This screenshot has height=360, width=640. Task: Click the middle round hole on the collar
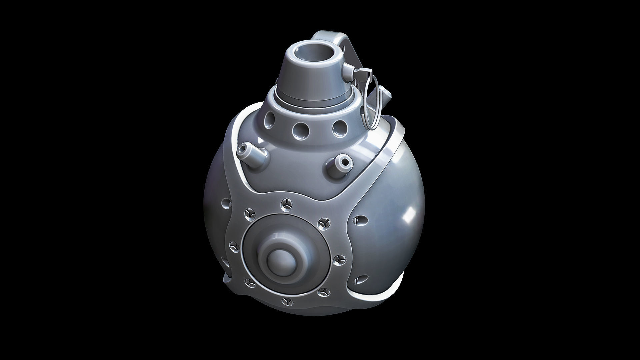(x=299, y=131)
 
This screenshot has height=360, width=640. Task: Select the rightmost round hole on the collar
(x=339, y=128)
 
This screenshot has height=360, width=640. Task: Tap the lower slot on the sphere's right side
(x=360, y=279)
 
